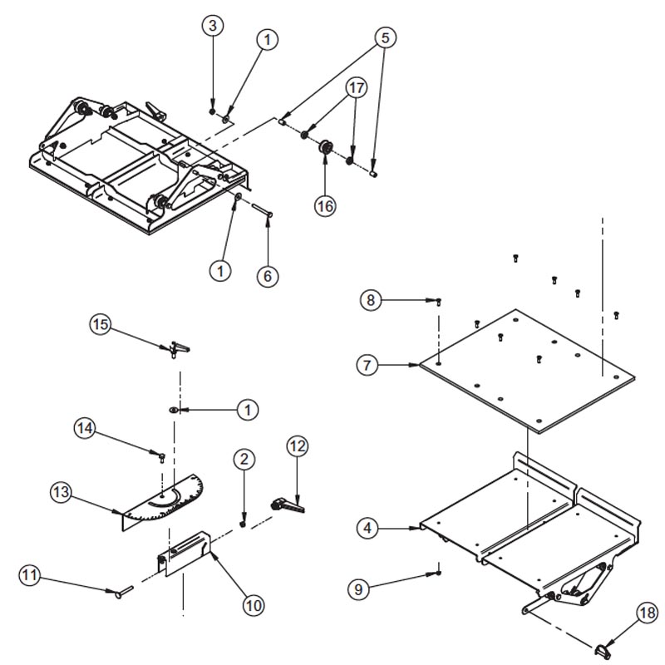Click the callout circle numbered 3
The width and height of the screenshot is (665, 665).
click(x=213, y=26)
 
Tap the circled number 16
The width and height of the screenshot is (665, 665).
click(x=326, y=205)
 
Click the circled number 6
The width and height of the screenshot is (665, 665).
click(x=267, y=275)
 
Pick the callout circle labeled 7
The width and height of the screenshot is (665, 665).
click(x=369, y=364)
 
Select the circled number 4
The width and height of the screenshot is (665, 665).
click(x=369, y=526)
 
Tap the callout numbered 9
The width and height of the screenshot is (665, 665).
click(x=359, y=589)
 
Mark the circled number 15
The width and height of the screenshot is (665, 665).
click(x=101, y=324)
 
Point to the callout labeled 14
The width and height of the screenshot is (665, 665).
click(x=85, y=429)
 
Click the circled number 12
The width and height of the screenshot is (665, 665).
click(x=298, y=446)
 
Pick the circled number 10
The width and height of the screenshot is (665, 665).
click(x=254, y=605)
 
